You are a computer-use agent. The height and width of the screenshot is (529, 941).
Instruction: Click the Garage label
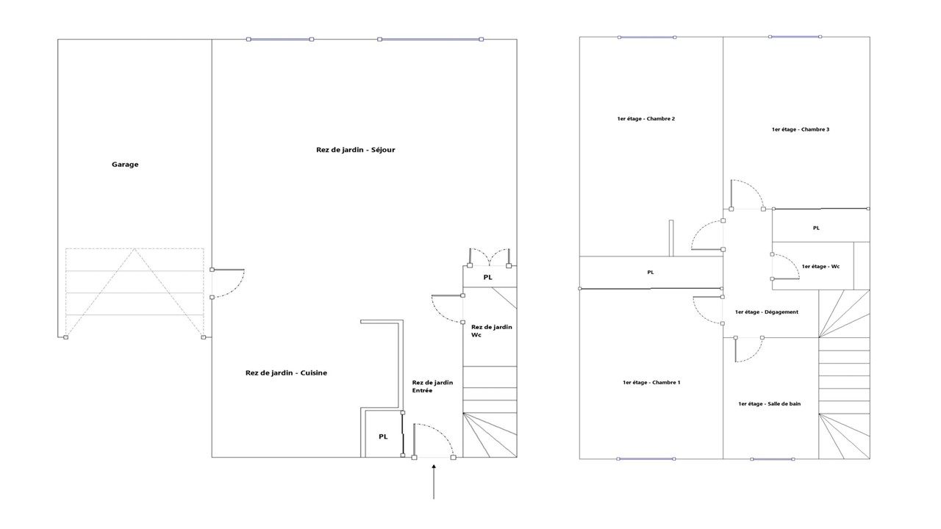click(x=125, y=165)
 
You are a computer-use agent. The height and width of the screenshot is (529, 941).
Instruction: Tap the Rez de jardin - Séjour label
click(x=355, y=150)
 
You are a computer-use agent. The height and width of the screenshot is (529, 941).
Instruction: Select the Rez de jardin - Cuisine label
click(x=286, y=373)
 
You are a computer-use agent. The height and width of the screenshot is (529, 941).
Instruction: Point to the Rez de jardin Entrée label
click(x=432, y=386)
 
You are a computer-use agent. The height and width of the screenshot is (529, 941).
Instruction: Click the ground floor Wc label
click(x=492, y=331)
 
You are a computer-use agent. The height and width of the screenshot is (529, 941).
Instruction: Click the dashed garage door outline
click(x=135, y=292)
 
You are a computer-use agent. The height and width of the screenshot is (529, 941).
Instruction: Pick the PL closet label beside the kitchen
click(x=383, y=436)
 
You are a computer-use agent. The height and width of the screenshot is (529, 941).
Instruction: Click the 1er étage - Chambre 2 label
click(x=646, y=119)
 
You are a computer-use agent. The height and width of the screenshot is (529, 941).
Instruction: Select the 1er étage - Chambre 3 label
click(x=801, y=129)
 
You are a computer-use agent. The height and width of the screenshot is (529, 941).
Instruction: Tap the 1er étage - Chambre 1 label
click(x=651, y=383)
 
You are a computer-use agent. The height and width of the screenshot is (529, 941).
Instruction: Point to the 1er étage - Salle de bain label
click(x=770, y=404)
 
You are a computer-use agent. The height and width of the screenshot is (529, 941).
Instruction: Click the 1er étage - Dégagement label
click(x=767, y=312)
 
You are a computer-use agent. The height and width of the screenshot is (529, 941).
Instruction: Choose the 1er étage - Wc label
click(x=820, y=267)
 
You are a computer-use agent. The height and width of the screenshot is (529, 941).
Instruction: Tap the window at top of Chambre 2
click(x=647, y=37)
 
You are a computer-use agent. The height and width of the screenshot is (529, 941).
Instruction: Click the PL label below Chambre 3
click(x=816, y=228)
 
